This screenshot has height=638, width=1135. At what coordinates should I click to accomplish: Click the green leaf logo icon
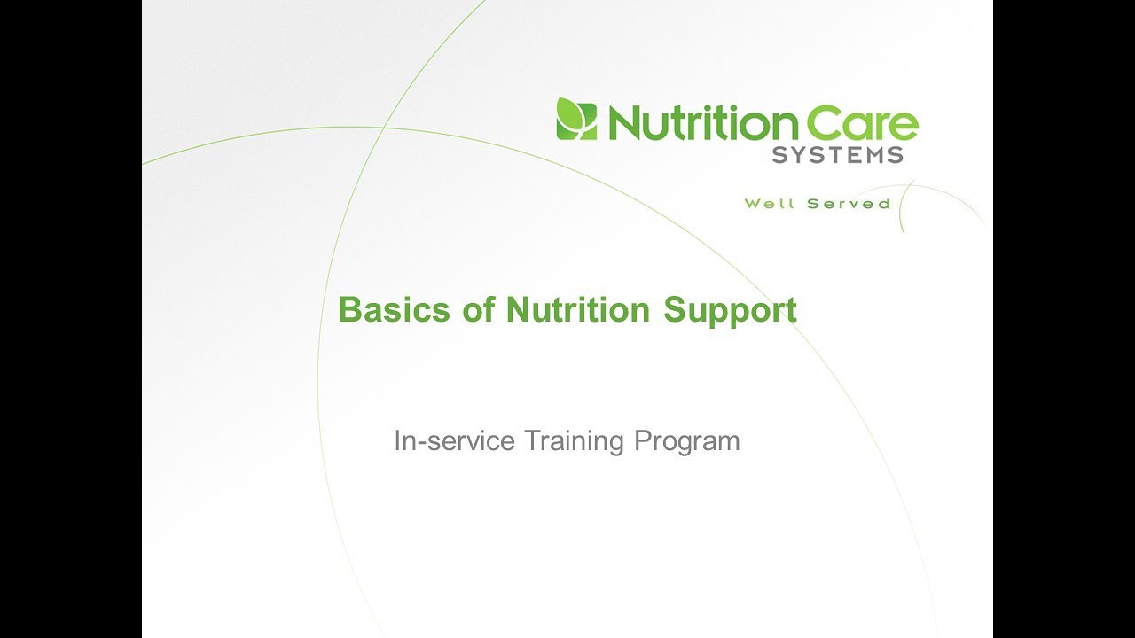click(x=576, y=119)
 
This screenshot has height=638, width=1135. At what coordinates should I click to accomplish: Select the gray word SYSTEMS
click(x=838, y=155)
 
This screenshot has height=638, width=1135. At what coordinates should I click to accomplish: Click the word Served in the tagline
click(x=849, y=204)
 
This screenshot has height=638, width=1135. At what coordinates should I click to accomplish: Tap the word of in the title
click(x=478, y=309)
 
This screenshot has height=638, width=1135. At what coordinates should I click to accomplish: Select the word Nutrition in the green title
click(x=577, y=309)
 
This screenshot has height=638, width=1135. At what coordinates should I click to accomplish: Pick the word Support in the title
click(x=730, y=312)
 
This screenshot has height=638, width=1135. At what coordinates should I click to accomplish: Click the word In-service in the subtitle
click(x=455, y=440)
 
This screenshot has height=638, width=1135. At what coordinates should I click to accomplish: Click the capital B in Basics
click(x=349, y=309)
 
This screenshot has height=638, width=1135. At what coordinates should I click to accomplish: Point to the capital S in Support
click(x=675, y=309)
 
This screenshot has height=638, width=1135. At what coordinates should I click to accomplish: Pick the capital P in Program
click(x=643, y=440)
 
